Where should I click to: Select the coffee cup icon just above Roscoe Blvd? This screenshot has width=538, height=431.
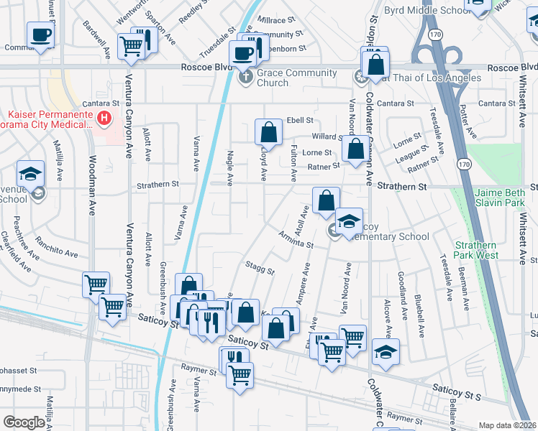[242, 52]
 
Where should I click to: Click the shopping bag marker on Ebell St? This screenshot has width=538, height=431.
[268, 131]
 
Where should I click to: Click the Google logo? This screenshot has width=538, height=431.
[24, 422]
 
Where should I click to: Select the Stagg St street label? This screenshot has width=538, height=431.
[260, 269]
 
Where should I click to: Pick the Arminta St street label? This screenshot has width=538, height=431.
[296, 240]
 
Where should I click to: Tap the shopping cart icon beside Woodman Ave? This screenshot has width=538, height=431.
[96, 284]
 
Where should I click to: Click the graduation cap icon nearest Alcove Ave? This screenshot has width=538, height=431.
[386, 351]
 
